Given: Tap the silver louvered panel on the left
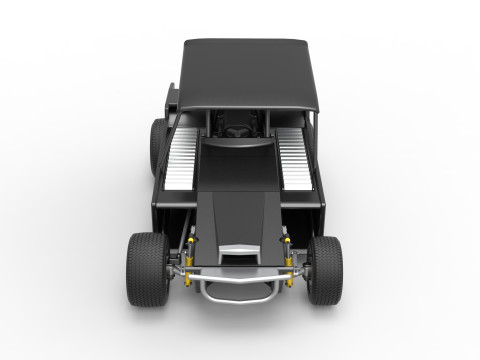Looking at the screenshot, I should tap(182, 160).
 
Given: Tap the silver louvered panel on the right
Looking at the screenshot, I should tap(298, 160).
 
